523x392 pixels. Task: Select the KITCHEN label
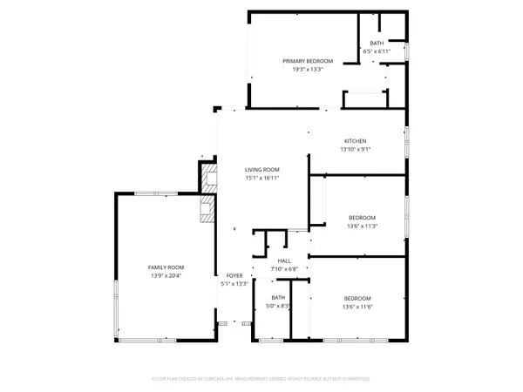(x=355, y=141)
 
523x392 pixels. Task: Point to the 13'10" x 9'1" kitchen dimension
(x=355, y=150)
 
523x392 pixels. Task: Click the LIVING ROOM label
(x=261, y=170)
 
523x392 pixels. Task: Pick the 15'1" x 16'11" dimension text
(x=261, y=179)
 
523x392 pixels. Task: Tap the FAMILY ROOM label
(x=166, y=267)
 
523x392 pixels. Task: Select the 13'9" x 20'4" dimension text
(x=166, y=276)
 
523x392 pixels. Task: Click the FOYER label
(x=235, y=275)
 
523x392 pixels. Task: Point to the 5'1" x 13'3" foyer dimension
(x=235, y=284)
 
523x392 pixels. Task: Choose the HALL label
(x=284, y=260)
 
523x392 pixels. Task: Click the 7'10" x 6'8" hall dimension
(x=284, y=269)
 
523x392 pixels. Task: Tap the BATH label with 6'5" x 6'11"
(x=377, y=43)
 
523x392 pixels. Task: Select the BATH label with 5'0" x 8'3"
(x=278, y=297)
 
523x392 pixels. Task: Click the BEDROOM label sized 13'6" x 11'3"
(x=362, y=217)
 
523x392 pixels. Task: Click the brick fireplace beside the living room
(x=207, y=193)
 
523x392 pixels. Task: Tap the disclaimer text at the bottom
(x=261, y=380)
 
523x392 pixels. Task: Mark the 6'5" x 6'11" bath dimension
(x=377, y=51)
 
